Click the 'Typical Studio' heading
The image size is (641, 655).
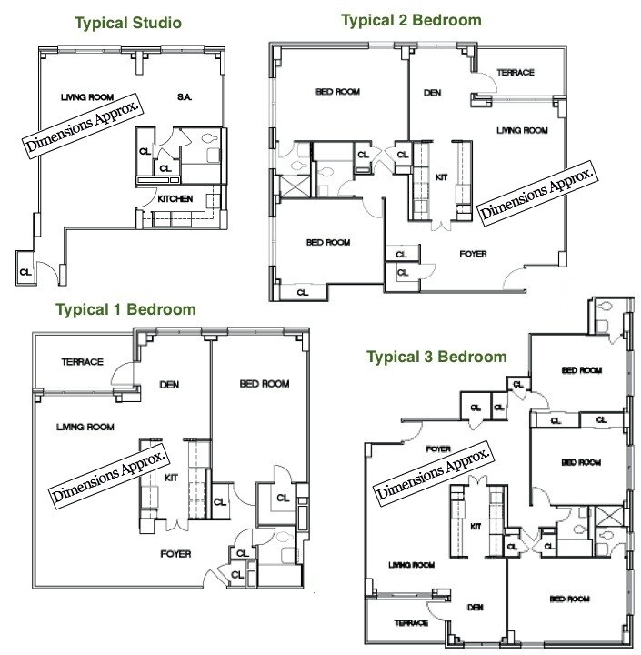[128, 23]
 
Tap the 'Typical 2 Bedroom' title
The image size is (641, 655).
[411, 20]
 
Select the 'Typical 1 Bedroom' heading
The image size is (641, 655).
[125, 309]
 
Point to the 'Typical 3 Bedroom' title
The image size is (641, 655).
[436, 357]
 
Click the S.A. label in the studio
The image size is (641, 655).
[185, 97]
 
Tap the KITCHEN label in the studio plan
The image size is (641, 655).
[175, 199]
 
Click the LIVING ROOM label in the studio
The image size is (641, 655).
[87, 97]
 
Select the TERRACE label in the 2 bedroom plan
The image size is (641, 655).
[516, 72]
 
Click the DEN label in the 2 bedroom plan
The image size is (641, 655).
[432, 93]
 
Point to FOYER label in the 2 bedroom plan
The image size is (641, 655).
[473, 254]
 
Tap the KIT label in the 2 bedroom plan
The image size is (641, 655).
[441, 177]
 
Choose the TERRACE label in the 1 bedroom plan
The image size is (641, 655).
[82, 362]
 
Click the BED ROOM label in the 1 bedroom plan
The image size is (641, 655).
[265, 384]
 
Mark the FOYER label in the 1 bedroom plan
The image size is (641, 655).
[175, 554]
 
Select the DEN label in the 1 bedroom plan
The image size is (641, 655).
[169, 384]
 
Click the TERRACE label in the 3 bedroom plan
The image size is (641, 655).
[411, 623]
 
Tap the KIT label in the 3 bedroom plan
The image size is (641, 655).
[476, 527]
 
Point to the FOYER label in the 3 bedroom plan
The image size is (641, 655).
[438, 448]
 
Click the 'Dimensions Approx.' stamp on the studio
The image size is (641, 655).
[83, 126]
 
